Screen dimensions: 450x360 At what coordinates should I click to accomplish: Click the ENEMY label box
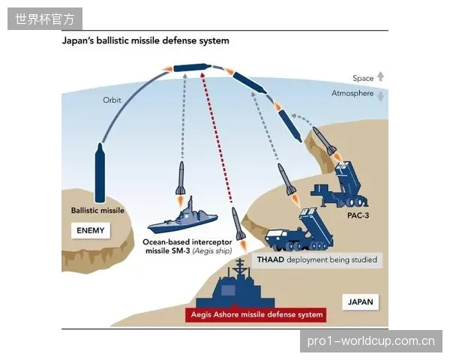pos(91,230)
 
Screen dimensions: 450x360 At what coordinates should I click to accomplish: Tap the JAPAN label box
pos(361,301)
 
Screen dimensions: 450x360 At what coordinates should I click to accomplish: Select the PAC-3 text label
pos(358,215)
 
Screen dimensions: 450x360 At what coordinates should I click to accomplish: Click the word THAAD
pos(270,259)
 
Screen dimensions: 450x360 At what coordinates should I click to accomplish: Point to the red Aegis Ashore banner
pos(256,315)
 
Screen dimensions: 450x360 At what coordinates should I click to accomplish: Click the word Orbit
pos(112,100)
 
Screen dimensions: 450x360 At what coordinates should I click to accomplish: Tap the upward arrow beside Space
pos(380,76)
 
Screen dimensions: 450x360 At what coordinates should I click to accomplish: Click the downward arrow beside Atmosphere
pos(380,96)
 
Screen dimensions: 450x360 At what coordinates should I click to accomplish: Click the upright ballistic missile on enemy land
pos(100,173)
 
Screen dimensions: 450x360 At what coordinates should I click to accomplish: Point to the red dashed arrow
pos(217,137)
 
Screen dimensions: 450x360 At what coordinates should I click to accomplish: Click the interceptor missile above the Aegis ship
pos(181,178)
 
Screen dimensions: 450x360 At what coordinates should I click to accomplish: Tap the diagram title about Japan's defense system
pos(145,40)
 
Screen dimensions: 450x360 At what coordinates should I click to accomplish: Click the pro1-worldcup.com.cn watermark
pos(370,341)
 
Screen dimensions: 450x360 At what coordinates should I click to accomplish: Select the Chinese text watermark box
pos(45,19)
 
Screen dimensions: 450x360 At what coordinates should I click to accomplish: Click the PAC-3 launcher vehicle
pos(340,186)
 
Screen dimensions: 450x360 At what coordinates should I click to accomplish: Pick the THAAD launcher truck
pos(299,229)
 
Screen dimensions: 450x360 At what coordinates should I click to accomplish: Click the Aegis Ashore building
pos(235,287)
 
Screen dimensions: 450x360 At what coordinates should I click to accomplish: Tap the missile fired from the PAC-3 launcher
pos(324,141)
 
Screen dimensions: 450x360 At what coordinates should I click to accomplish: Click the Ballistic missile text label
pos(97,211)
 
